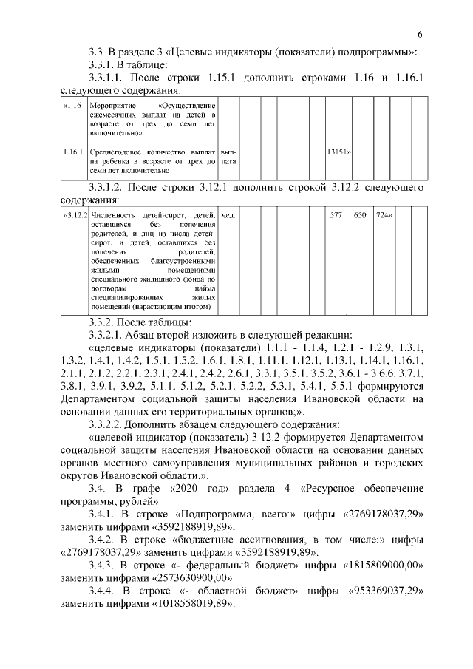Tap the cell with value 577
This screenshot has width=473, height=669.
point(336,215)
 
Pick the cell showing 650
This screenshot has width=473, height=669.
point(360,215)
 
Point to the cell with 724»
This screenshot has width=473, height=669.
point(383,215)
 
